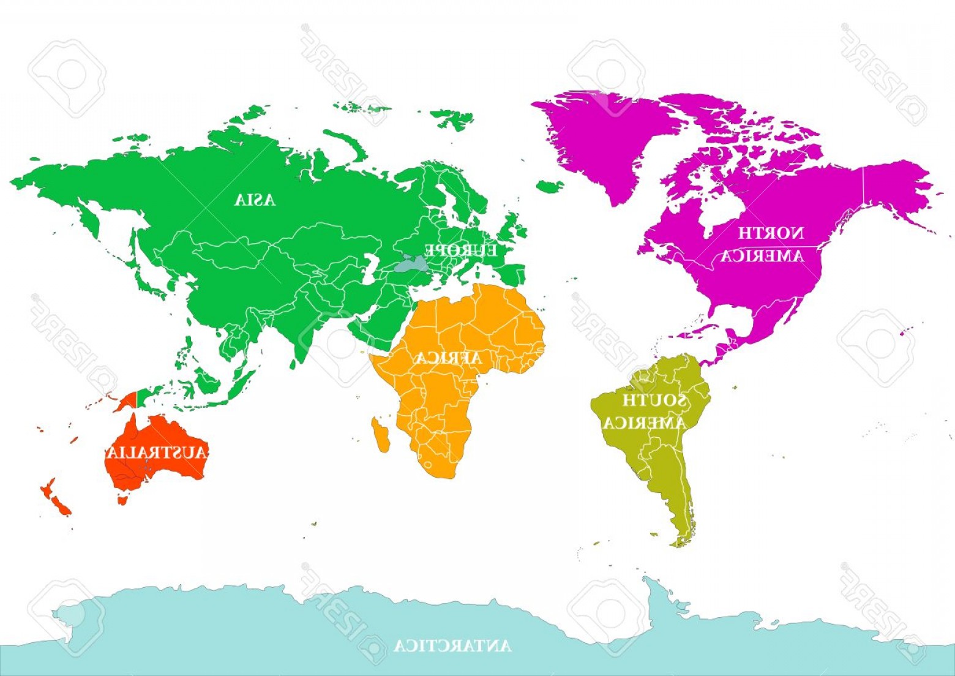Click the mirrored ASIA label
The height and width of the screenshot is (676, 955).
(x=255, y=200)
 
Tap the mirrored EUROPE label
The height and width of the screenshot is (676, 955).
(x=461, y=250)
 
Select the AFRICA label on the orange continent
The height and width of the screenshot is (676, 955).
(x=449, y=358)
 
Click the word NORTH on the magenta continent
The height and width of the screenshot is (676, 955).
(x=771, y=233)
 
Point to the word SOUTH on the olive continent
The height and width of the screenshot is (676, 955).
(x=654, y=401)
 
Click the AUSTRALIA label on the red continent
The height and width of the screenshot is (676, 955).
(x=157, y=453)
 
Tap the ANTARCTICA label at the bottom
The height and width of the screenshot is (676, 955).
(x=452, y=646)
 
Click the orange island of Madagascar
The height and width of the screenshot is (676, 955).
(x=381, y=434)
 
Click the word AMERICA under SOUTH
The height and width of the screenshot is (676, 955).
(x=645, y=423)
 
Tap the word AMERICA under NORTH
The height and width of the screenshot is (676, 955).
(x=762, y=256)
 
